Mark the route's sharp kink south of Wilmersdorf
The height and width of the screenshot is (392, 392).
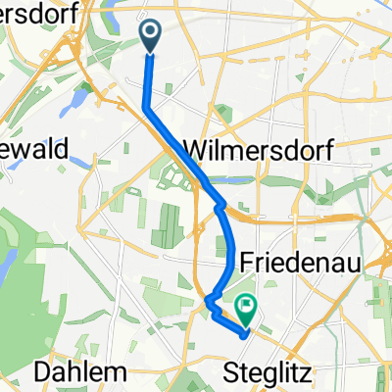219,206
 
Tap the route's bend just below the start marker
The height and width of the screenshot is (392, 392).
148,106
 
